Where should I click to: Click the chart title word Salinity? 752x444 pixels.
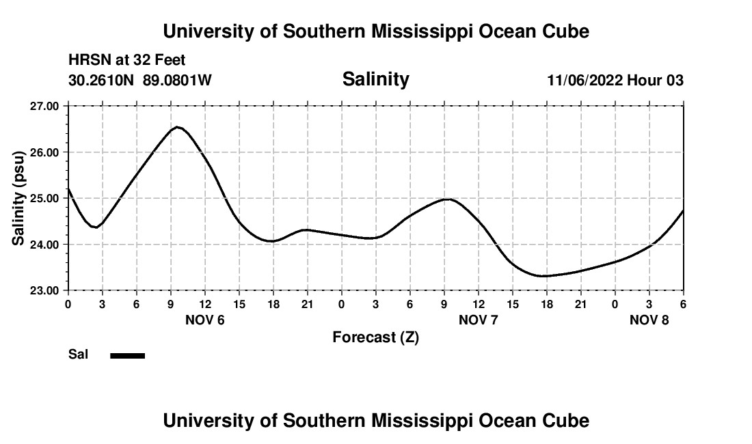pyautogui.click(x=375, y=79)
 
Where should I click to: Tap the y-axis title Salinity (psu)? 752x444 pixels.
pyautogui.click(x=19, y=198)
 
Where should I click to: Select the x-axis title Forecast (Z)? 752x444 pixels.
pyautogui.click(x=375, y=337)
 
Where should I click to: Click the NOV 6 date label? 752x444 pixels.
pyautogui.click(x=205, y=320)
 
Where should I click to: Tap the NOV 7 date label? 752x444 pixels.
pyautogui.click(x=479, y=320)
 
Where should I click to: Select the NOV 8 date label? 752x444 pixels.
pyautogui.click(x=649, y=320)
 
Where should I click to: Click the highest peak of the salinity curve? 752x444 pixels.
pyautogui.click(x=177, y=127)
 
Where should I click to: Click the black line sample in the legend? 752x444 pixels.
pyautogui.click(x=128, y=355)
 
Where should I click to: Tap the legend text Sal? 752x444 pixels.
pyautogui.click(x=79, y=355)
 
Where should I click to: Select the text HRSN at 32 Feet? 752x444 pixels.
pyautogui.click(x=126, y=60)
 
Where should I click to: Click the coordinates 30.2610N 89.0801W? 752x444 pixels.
pyautogui.click(x=140, y=81)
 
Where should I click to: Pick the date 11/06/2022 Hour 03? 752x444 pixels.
pyautogui.click(x=615, y=81)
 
